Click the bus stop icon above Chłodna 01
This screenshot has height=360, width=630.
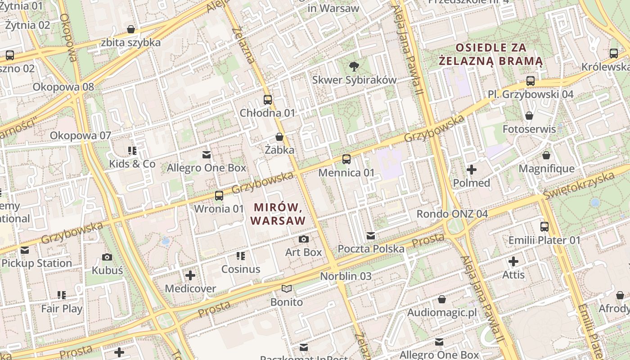point(268,99)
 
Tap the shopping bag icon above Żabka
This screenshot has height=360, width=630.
point(279,137)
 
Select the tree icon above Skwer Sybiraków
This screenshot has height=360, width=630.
point(354,67)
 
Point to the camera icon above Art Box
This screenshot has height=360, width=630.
point(304,239)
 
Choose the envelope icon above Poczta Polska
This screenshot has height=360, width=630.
point(371,235)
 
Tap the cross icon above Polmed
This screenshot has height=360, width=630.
point(472,170)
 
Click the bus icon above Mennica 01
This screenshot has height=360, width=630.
point(346,159)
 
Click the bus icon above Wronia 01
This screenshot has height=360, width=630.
point(219,195)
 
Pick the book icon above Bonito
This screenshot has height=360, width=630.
point(287,288)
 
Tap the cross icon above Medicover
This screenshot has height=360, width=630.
point(190,275)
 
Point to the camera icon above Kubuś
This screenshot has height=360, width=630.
point(107,257)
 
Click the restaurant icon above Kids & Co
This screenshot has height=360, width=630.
point(132,150)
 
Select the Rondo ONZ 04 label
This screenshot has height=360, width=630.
point(452,214)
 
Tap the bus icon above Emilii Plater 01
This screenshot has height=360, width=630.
point(544,226)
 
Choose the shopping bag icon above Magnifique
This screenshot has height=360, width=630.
point(546,155)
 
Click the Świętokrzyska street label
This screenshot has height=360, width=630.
point(585,184)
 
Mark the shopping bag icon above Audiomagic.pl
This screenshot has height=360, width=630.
point(442,299)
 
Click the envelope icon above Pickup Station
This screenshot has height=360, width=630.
point(24,250)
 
